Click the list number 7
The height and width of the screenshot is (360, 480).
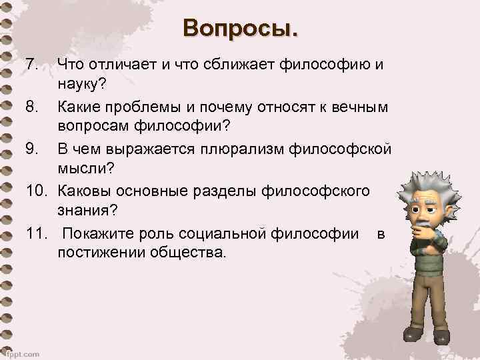point(33,65)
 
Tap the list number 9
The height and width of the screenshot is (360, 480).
point(33,149)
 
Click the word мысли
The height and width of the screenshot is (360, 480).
point(81,170)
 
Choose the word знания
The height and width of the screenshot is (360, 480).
point(87,212)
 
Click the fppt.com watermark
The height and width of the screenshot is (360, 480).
point(22,353)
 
